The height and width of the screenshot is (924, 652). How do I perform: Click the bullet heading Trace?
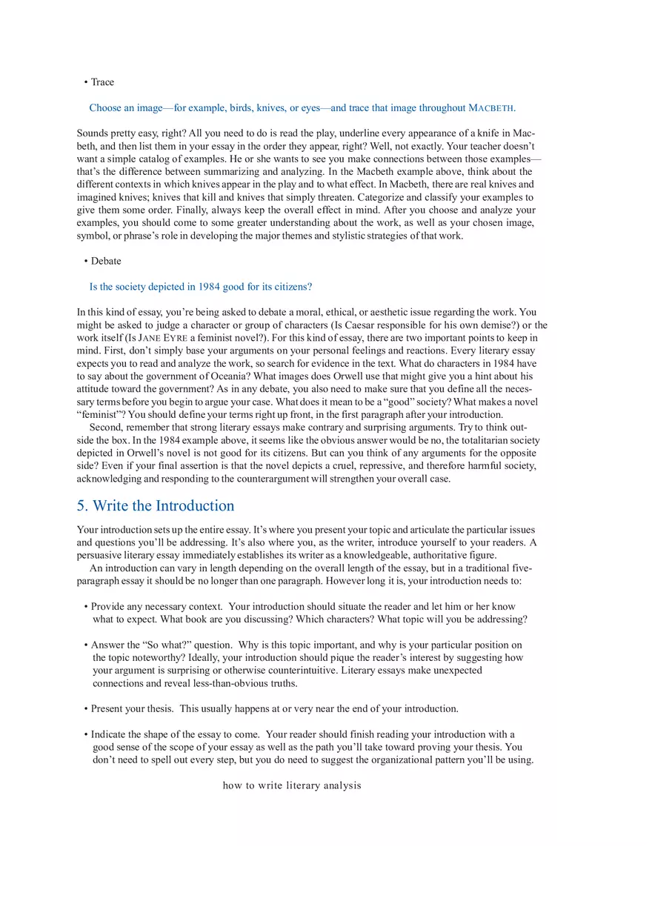(102, 82)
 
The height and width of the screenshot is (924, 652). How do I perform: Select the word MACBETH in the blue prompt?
(491, 108)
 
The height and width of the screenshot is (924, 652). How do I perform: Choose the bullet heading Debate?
(106, 261)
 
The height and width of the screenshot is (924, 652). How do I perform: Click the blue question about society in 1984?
(200, 287)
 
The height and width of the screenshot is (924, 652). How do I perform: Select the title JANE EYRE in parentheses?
(162, 338)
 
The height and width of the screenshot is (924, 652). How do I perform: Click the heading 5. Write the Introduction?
(156, 506)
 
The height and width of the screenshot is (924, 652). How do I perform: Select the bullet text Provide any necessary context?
(156, 607)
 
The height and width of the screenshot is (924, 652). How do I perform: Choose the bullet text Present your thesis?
(132, 709)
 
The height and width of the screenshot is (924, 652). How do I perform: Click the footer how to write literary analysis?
(292, 785)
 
